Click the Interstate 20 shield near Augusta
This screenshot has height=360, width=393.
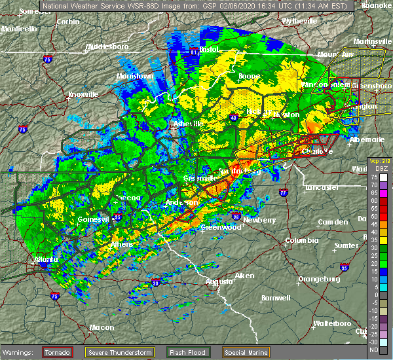pos(155,282)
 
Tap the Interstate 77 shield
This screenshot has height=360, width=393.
pos(283,193)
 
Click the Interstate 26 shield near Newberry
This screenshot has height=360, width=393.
pos(235,216)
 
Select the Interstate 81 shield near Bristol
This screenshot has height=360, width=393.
pos(193,51)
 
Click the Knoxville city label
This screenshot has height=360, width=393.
pos(83,94)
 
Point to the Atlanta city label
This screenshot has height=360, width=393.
pos(44,259)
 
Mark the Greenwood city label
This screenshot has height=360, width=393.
pos(217,227)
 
